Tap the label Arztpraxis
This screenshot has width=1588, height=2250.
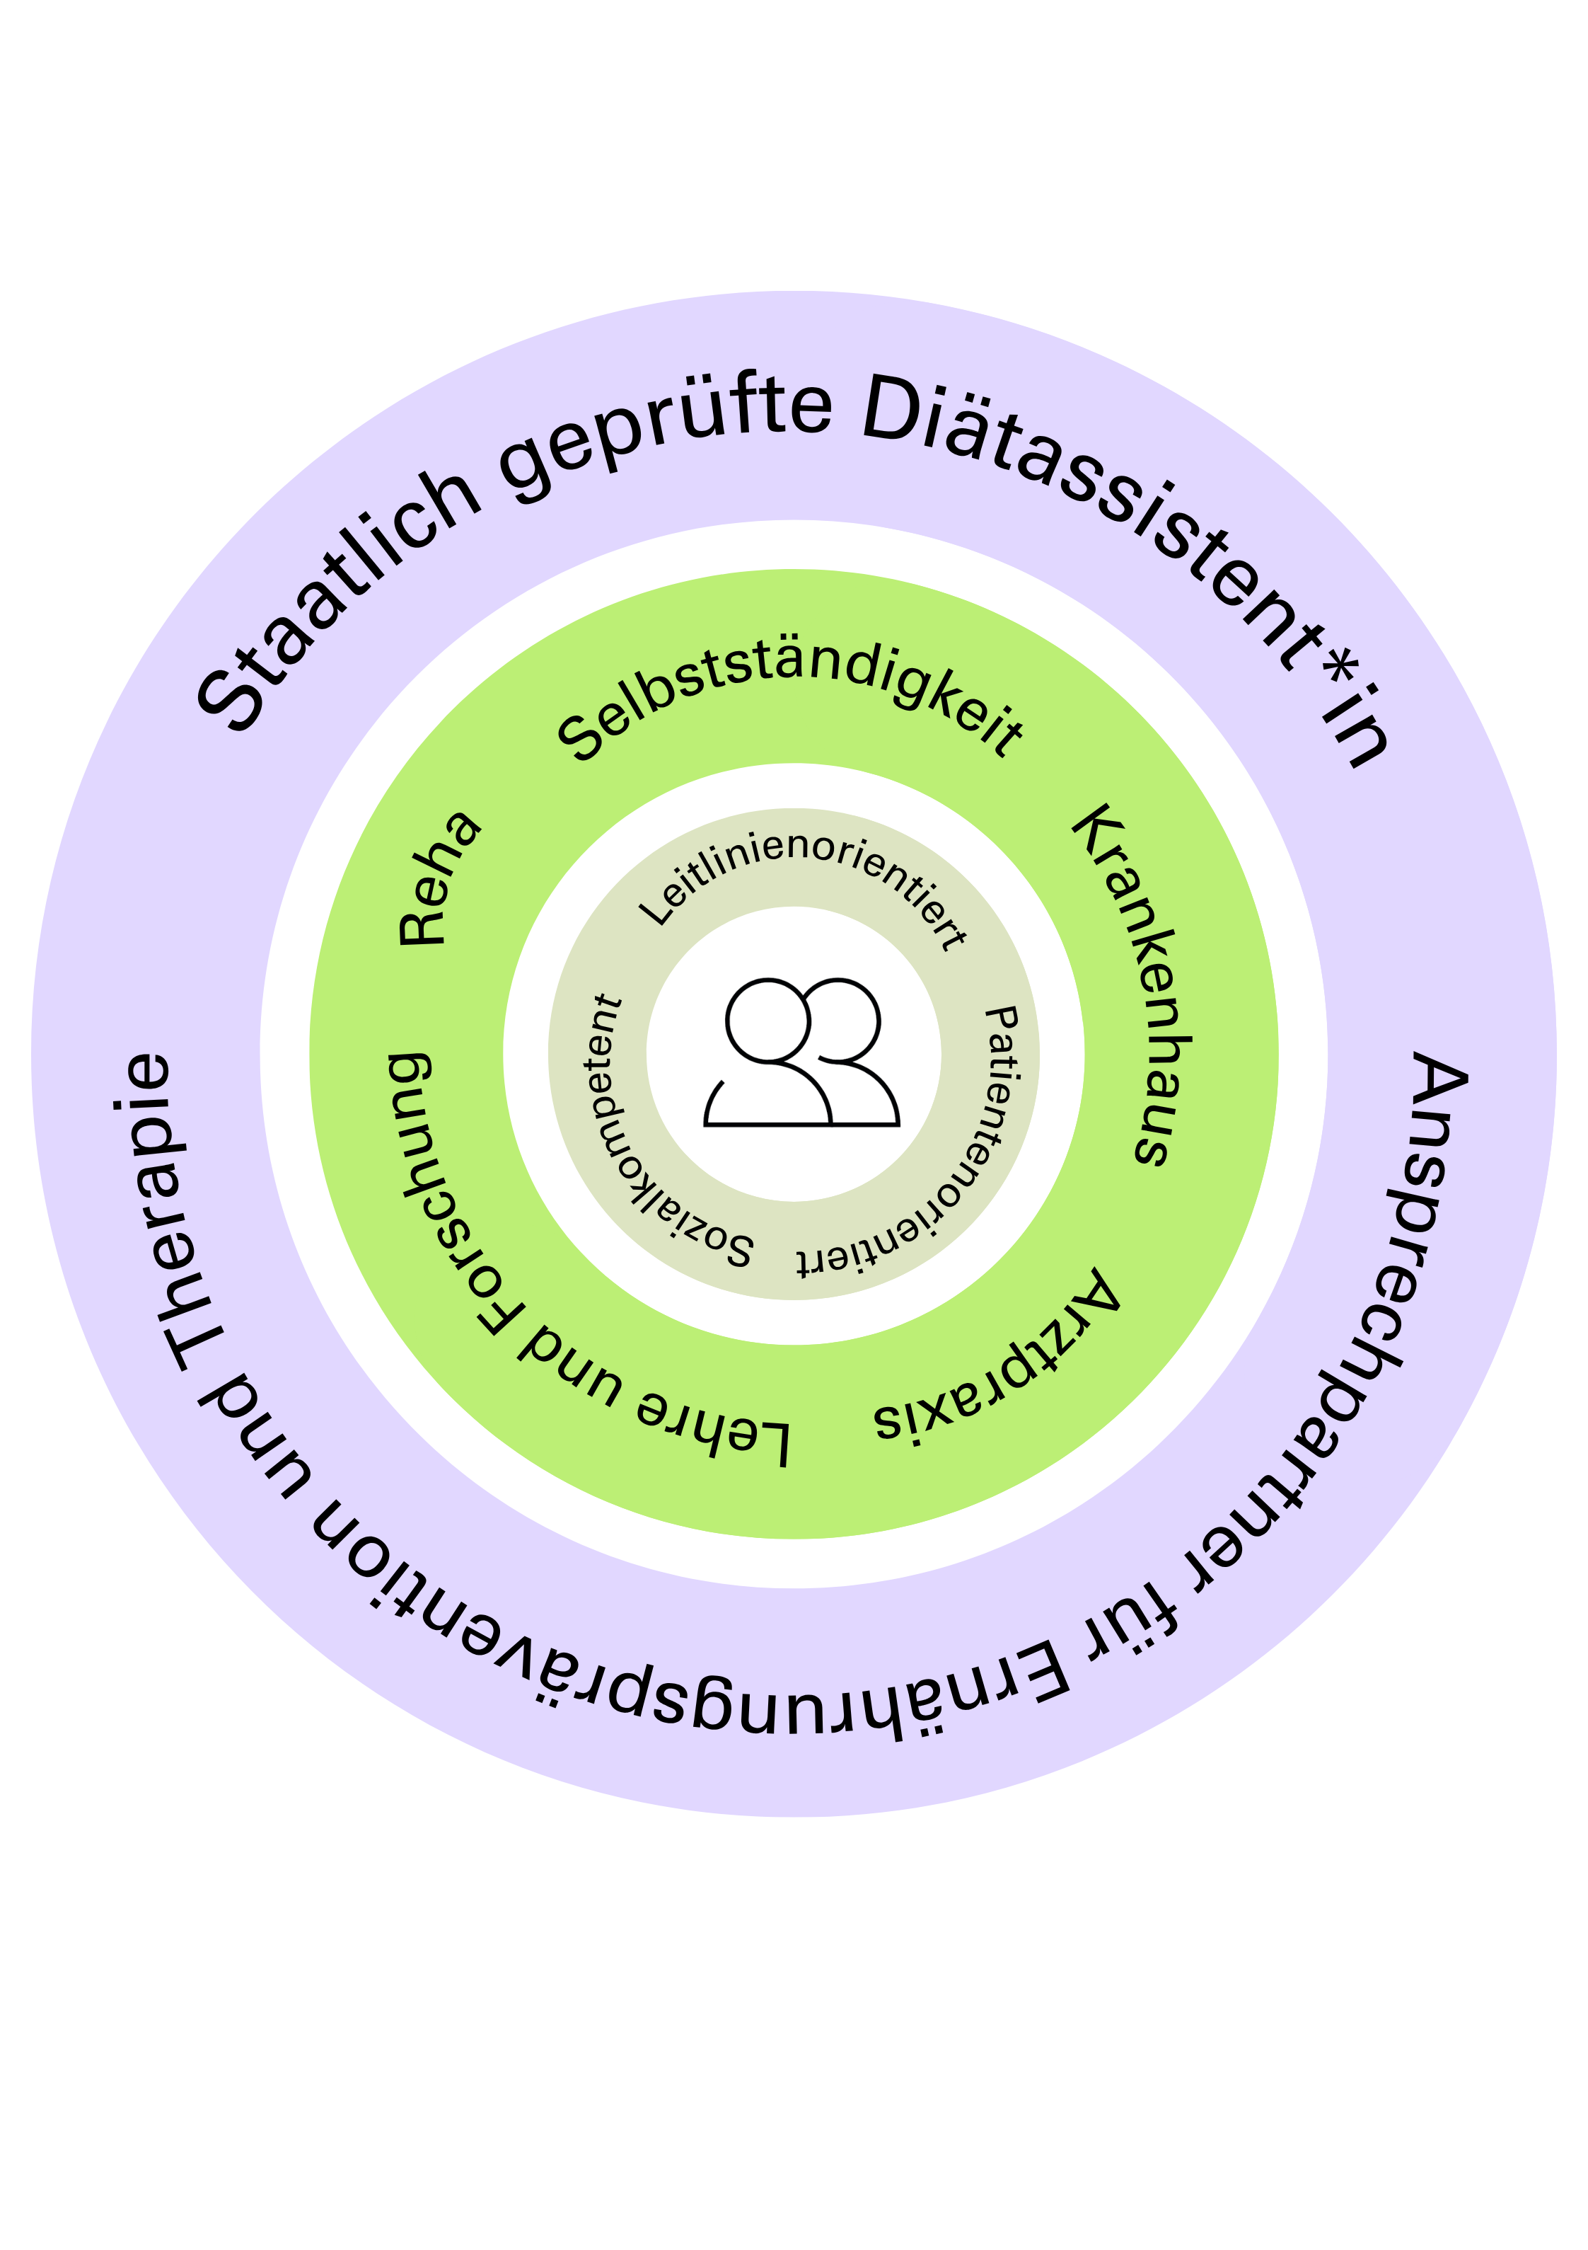pos(999,1362)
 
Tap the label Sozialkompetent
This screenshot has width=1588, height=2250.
pos(647,1147)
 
